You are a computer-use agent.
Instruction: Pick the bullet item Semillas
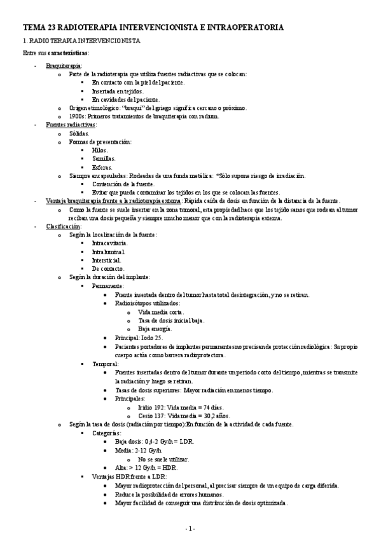(x=104, y=158)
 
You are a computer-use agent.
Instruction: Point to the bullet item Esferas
(x=103, y=167)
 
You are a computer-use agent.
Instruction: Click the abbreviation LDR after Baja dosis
(x=187, y=440)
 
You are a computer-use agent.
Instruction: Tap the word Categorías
(x=106, y=432)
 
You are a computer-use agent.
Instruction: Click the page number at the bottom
(x=190, y=528)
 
